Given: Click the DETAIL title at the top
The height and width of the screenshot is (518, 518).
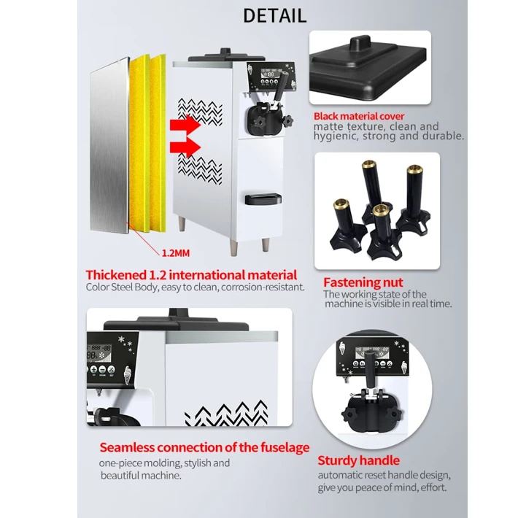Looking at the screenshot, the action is tap(275, 16).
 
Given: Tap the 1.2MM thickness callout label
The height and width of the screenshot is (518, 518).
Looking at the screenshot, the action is tap(176, 253).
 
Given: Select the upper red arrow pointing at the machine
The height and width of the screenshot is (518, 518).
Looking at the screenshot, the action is tap(185, 125).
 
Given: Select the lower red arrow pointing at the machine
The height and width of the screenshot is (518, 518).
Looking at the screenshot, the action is tap(185, 147).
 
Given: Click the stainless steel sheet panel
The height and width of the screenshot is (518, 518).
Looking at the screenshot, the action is tap(109, 145).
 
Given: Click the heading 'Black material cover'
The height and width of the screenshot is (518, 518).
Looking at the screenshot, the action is tap(359, 116).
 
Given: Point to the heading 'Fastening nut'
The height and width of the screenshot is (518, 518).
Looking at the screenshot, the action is tap(363, 282).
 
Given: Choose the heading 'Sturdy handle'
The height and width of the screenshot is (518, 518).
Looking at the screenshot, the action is tap(358, 460).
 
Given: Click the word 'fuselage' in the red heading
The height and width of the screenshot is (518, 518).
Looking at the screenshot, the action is tap(285, 448).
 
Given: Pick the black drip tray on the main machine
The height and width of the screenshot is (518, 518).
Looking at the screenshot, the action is tap(263, 199).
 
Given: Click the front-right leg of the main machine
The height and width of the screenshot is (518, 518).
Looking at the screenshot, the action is tap(266, 244).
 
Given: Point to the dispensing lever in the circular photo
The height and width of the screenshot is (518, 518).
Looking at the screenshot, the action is tap(370, 370).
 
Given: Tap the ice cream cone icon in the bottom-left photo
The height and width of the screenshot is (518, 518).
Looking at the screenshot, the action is tap(128, 375).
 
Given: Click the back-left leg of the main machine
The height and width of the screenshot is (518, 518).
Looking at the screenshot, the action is tap(182, 224).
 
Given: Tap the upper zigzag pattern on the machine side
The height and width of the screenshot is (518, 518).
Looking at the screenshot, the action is tap(200, 111).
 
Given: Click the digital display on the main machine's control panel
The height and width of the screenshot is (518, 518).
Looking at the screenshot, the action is tap(271, 74).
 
